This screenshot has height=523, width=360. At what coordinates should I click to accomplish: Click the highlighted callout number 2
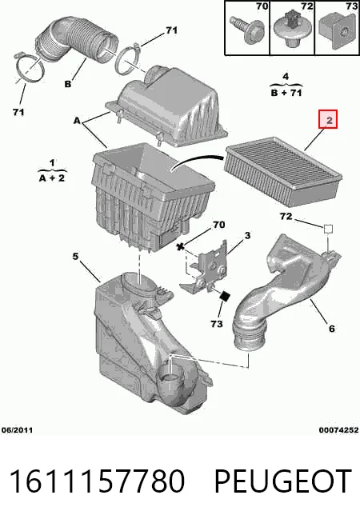tap(328, 119)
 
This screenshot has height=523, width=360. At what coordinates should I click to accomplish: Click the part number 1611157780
tap(97, 481)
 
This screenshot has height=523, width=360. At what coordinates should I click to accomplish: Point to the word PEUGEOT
tap(282, 481)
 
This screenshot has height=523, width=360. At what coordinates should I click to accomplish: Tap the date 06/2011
tap(17, 430)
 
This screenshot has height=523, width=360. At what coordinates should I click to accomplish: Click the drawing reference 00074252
tap(338, 430)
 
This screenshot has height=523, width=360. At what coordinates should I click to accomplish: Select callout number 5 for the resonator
tap(75, 256)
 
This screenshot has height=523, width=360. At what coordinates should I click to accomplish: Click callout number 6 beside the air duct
tap(331, 329)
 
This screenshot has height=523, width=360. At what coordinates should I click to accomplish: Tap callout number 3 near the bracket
tap(247, 235)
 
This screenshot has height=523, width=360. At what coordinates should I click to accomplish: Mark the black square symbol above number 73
tap(226, 296)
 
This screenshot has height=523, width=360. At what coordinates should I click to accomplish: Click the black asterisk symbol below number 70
tap(181, 247)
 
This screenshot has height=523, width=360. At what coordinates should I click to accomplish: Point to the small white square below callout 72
tap(328, 229)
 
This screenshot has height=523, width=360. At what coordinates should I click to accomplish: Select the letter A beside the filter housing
tap(78, 121)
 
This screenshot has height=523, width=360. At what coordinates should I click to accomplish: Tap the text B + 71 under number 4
tap(286, 92)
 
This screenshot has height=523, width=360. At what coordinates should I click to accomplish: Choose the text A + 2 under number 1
tap(52, 178)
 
